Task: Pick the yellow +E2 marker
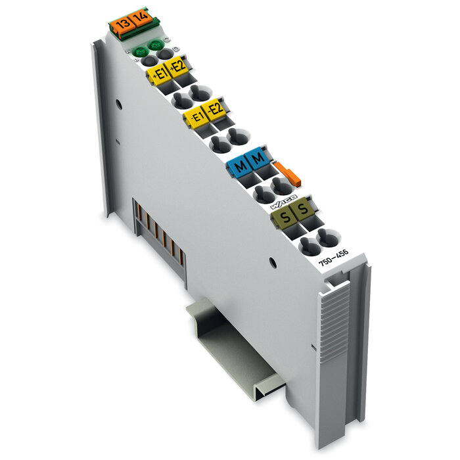coord(176,67)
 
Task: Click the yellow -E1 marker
coord(195,117)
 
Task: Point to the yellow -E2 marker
coord(213,110)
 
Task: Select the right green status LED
coord(156,45)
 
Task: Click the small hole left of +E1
coord(118,104)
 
